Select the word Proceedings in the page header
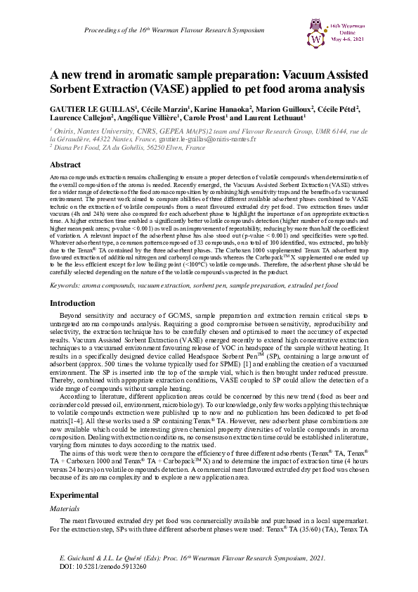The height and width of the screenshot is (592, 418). pyautogui.click(x=105, y=31)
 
